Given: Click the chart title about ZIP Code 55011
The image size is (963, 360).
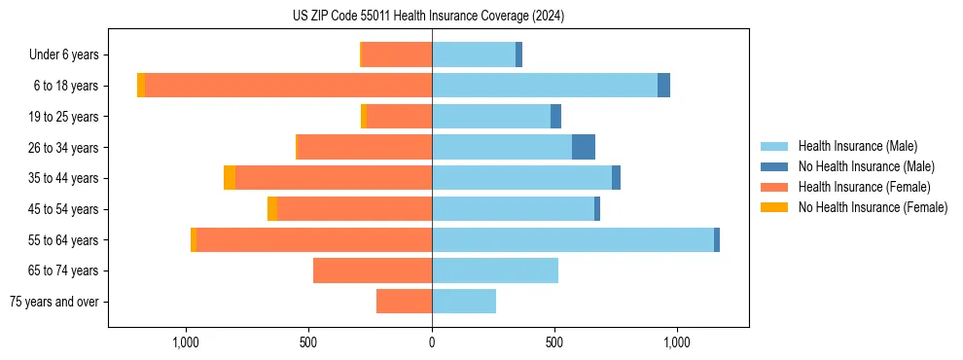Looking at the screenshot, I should tap(428, 17).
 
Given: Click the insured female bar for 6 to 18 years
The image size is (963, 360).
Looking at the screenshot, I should tap(288, 86).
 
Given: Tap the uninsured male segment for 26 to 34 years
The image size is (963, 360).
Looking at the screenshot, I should tap(584, 147).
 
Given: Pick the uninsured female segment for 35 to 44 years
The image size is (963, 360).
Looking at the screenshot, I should tap(230, 178).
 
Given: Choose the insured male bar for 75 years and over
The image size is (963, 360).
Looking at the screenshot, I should tap(464, 302).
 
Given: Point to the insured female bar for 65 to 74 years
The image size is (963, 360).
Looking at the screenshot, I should tap(373, 270).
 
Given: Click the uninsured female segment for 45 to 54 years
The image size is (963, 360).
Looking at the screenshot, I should tap(272, 209).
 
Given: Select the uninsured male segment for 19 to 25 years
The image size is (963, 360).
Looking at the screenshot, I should tap(555, 117).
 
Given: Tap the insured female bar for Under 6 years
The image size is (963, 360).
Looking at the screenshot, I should tap(397, 54).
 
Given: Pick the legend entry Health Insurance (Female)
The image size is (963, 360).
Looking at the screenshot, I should tap(864, 187).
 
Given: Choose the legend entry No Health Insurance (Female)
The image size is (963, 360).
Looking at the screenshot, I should tap(873, 207).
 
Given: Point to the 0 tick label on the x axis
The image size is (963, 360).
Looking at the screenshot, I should tap(432, 342).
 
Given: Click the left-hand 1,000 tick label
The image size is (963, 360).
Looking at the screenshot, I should tap(186, 342).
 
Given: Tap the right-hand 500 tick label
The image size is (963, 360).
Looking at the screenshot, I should tap(554, 342).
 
